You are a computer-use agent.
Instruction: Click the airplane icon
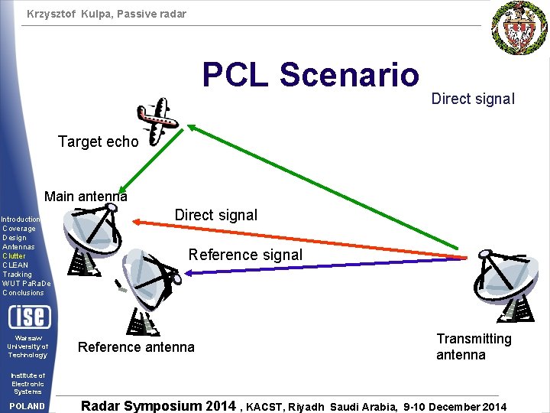pos(162,119)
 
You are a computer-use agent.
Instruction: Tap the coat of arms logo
pos(519,28)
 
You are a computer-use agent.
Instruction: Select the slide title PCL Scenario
pos(311,75)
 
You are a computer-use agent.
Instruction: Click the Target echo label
pos(99,141)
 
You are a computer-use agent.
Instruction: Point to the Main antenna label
pos(86,197)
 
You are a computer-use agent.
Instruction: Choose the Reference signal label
pos(245,255)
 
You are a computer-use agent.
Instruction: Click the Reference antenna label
pos(136,347)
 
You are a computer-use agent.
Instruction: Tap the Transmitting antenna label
pos(474,346)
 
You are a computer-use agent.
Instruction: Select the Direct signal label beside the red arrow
pos(216,215)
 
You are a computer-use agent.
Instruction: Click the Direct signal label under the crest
pos(473,99)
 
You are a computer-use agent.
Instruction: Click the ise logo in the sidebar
pos(29,316)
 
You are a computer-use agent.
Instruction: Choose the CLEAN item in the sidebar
pos(15,265)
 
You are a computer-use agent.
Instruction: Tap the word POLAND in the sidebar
pos(27,406)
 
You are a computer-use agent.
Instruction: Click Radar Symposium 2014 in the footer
pos(158,406)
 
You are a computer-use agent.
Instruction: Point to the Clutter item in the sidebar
pos(14,256)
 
